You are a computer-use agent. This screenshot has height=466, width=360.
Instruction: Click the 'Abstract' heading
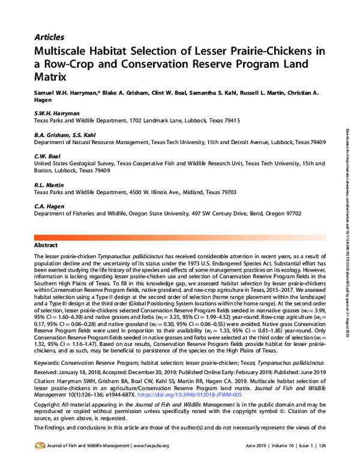[46, 246]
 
